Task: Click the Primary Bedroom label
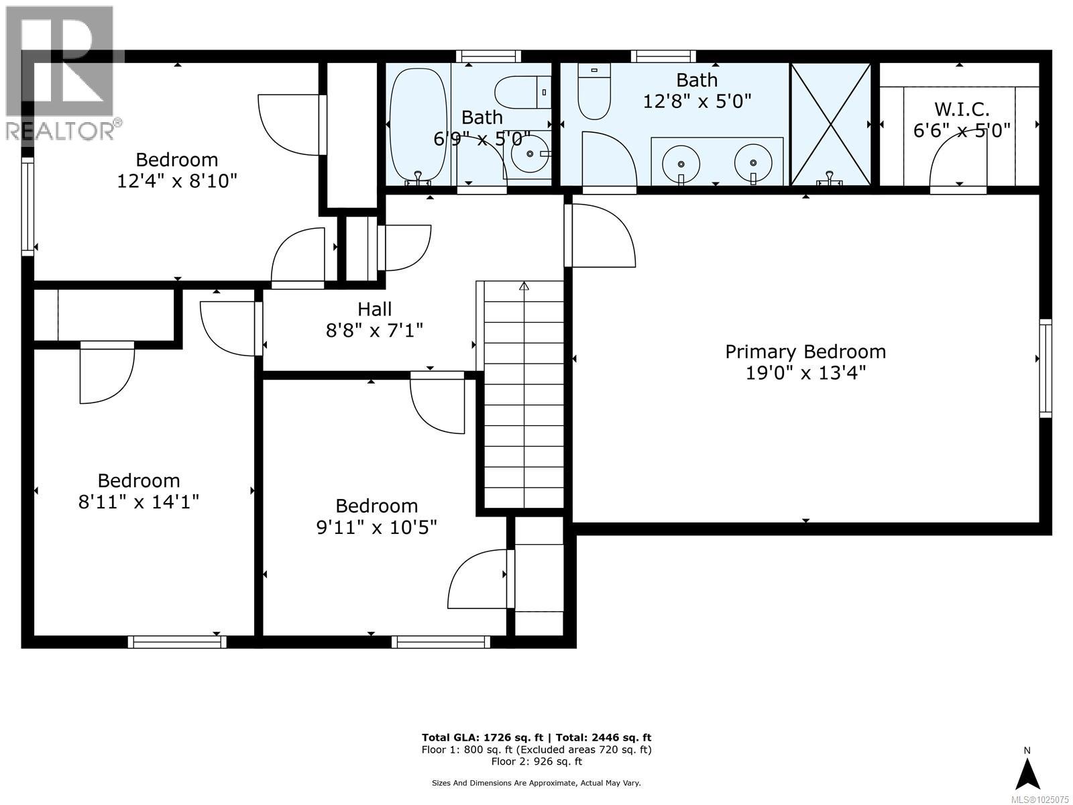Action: click(x=805, y=352)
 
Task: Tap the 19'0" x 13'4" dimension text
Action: click(x=805, y=373)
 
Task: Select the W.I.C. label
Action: click(x=961, y=109)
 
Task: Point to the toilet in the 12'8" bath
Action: click(x=594, y=93)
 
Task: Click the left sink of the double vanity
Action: click(x=681, y=163)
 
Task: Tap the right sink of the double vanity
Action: click(x=753, y=162)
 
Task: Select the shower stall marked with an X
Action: click(x=830, y=124)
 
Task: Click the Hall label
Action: click(x=374, y=309)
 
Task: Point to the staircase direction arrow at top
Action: click(x=524, y=286)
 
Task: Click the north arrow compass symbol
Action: click(x=1027, y=773)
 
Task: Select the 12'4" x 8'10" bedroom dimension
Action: click(x=177, y=181)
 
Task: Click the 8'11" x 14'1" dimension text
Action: click(x=139, y=502)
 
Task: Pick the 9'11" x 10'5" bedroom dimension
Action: click(x=376, y=527)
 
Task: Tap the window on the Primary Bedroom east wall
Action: click(x=1045, y=368)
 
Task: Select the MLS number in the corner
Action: click(x=1039, y=799)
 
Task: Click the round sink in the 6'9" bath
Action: click(x=529, y=154)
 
